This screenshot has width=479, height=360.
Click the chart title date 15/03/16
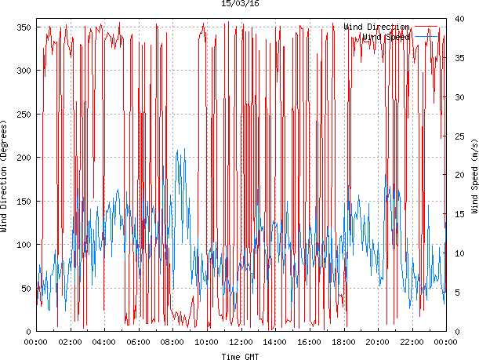[x=241, y=4]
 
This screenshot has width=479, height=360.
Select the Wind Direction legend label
[x=376, y=27]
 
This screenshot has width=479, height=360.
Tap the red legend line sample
[x=428, y=27]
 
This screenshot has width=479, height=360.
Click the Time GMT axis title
[x=240, y=355]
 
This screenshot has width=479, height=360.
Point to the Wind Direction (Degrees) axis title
[x=5, y=177]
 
